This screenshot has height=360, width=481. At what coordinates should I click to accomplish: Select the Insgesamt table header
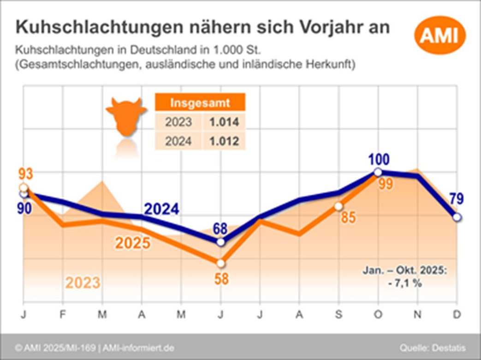(200, 102)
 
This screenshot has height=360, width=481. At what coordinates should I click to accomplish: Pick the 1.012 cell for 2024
(224, 141)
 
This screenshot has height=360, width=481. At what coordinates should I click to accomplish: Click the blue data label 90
(24, 208)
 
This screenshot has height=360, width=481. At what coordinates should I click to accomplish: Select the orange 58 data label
(221, 279)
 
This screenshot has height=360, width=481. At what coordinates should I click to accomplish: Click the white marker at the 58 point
(220, 263)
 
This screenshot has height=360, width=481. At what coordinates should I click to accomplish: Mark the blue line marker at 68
(220, 242)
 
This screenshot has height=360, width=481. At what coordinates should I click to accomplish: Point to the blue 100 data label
(379, 160)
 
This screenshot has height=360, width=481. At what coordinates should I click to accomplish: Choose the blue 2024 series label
(161, 209)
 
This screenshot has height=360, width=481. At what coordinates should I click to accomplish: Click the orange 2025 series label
(132, 243)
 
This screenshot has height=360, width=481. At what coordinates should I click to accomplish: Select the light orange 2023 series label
(83, 282)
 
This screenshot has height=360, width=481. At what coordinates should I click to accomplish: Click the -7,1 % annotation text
(405, 284)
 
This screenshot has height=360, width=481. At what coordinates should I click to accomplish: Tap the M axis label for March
(102, 315)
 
